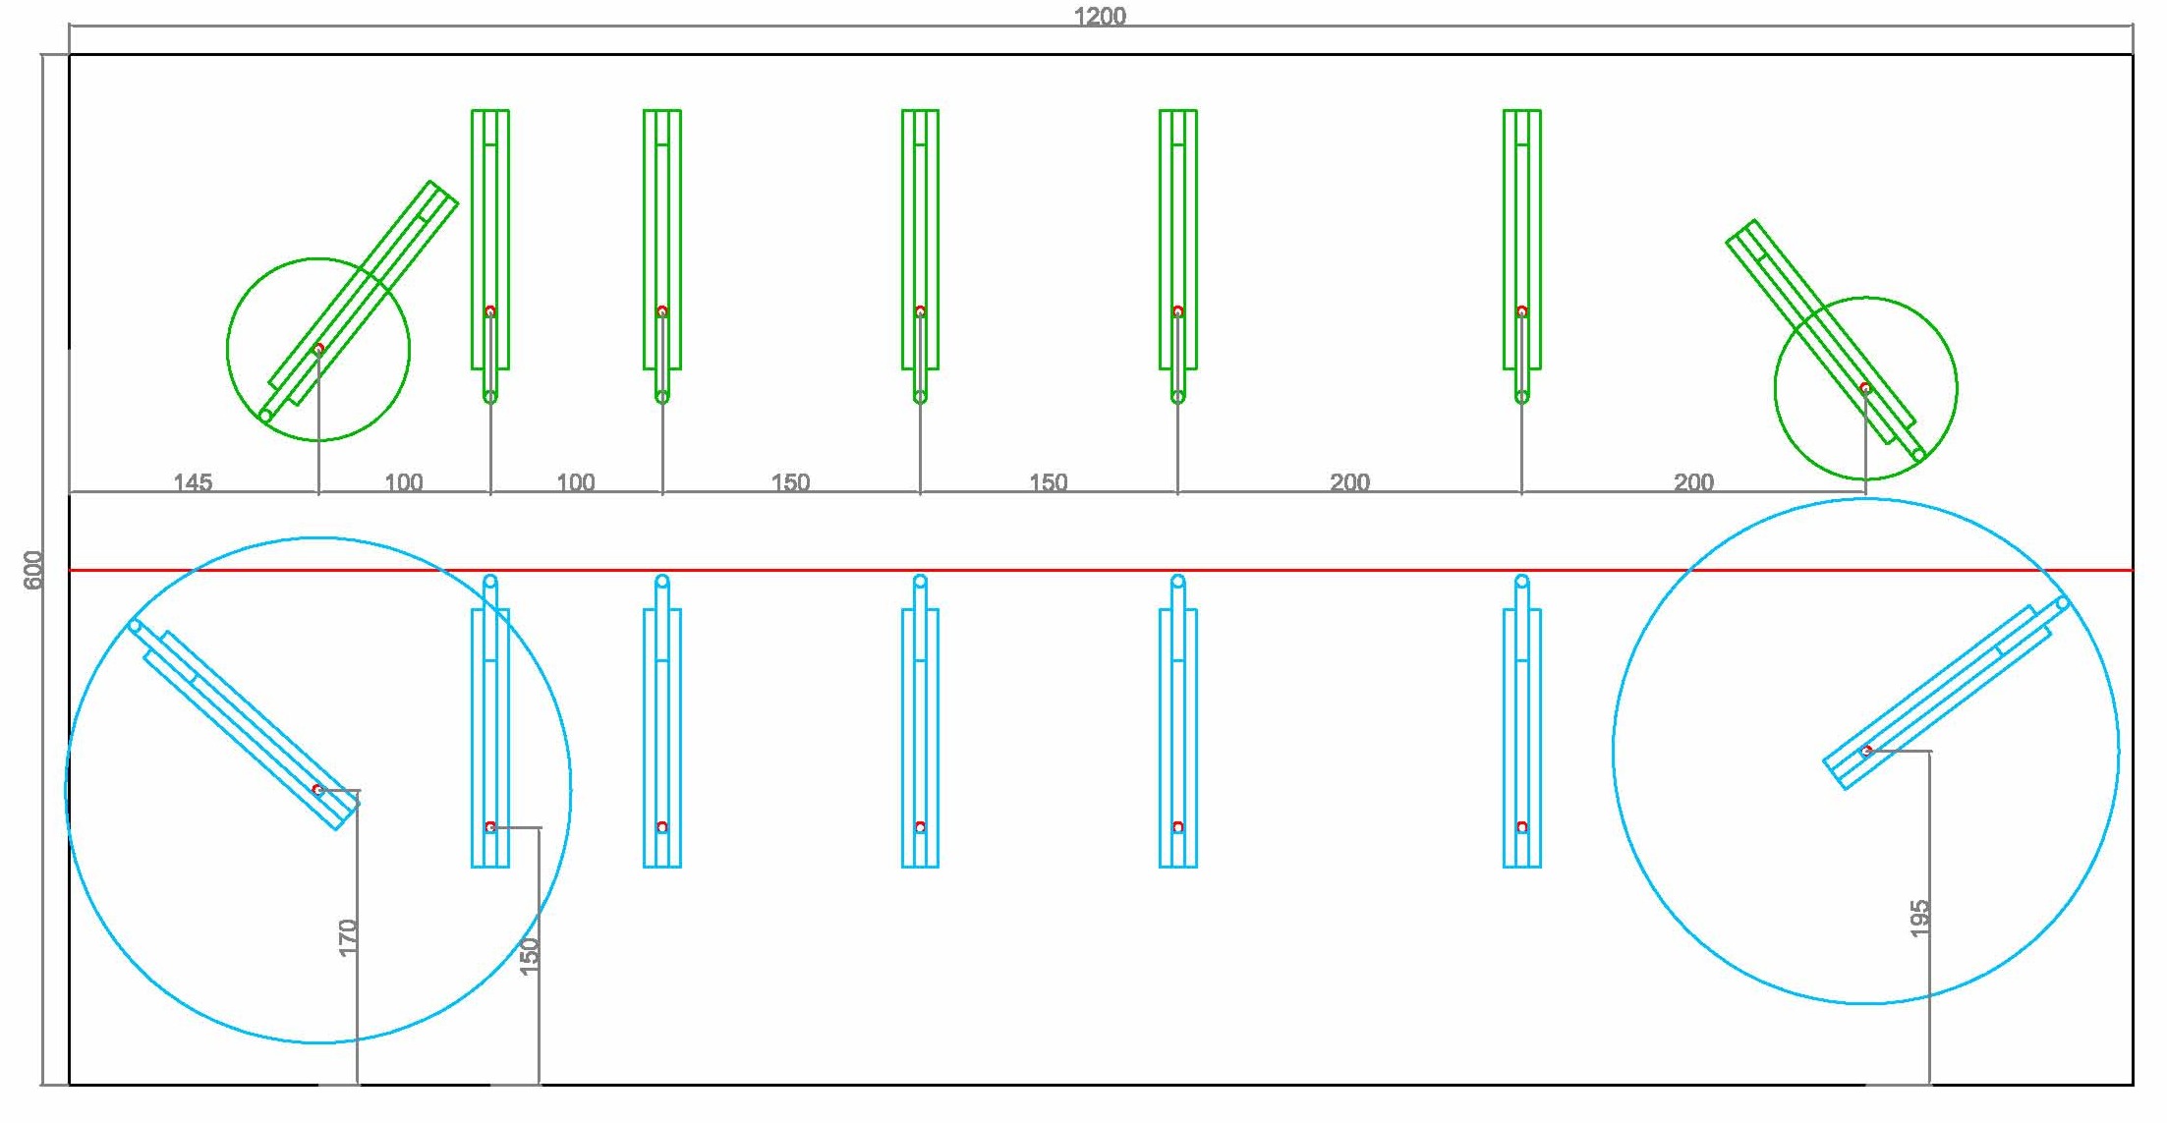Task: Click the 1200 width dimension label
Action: pyautogui.click(x=1100, y=17)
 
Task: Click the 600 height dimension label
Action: pyautogui.click(x=33, y=570)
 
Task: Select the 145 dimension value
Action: pyautogui.click(x=193, y=482)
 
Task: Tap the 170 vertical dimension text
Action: pyautogui.click(x=347, y=936)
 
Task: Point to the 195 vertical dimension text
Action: pyautogui.click(x=1919, y=919)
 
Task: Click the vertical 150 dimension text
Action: pyautogui.click(x=529, y=956)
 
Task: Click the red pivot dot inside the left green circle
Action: pyautogui.click(x=318, y=349)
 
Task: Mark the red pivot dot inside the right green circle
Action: pyautogui.click(x=1865, y=388)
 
